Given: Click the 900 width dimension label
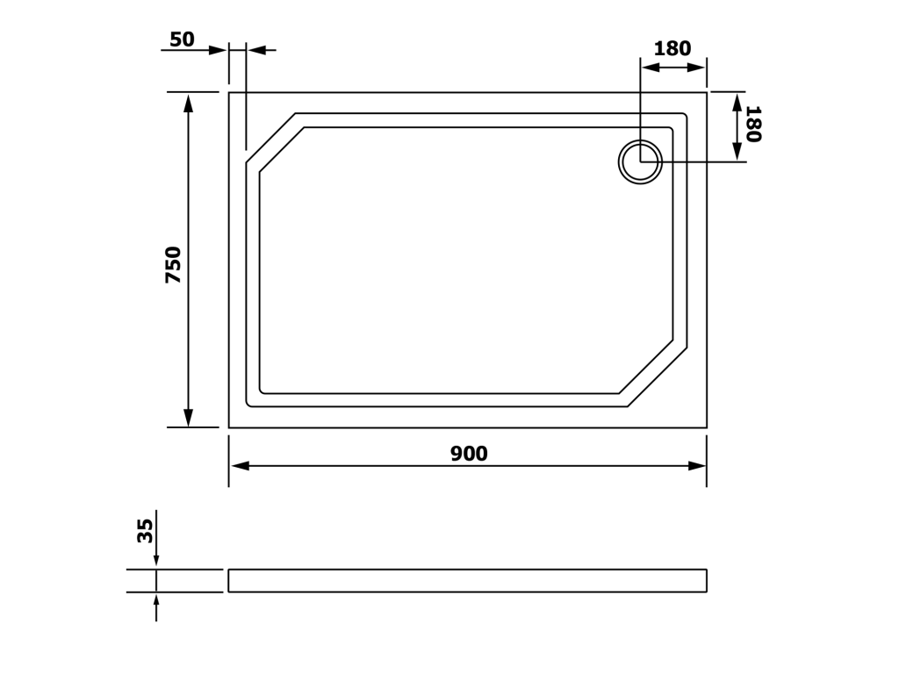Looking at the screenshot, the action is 469,454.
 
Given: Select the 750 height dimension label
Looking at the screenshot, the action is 173,265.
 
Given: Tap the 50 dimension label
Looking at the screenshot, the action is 183,39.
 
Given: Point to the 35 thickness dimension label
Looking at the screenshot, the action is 146,531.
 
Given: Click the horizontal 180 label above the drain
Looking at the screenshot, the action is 672,49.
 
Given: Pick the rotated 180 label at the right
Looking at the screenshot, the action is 752,124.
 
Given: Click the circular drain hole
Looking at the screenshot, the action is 640,162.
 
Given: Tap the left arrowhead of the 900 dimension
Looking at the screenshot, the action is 239,466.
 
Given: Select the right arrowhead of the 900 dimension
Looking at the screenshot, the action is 696,466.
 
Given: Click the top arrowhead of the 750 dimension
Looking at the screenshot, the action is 188,103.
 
